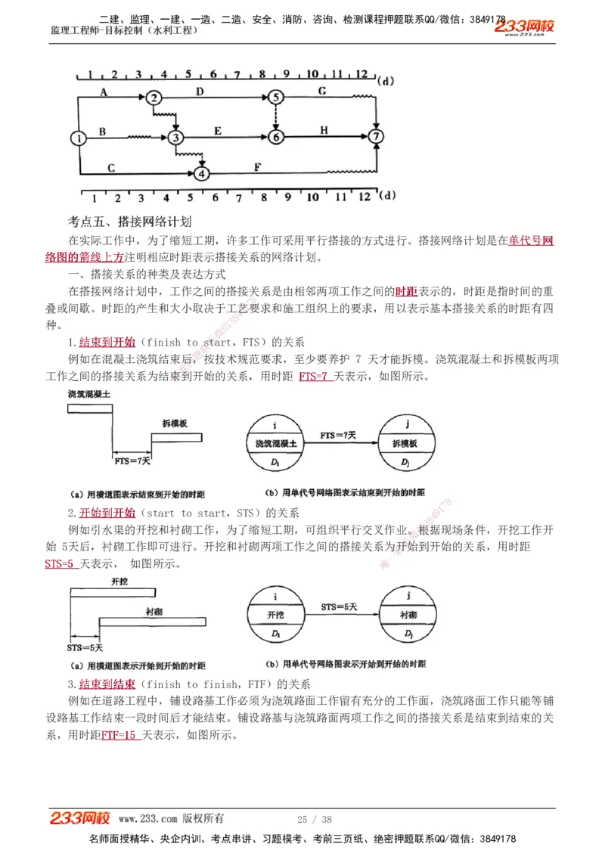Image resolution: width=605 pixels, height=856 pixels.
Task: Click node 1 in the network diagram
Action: coord(79,138)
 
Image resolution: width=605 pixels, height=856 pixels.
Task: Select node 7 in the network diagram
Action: coord(376,137)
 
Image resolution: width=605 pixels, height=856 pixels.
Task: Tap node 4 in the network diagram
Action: coord(201,173)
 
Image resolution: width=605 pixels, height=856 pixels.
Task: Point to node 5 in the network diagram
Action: coord(276,97)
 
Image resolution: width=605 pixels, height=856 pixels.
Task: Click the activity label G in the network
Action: coord(322,91)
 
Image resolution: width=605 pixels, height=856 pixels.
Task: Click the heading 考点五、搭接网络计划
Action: coord(129,222)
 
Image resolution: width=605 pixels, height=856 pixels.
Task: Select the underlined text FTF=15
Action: coord(120,734)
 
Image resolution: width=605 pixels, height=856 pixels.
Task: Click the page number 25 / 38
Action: coord(315,819)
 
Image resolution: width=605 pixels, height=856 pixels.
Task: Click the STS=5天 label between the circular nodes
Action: coord(340,606)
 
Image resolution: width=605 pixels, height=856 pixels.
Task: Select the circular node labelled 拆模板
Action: coord(407,443)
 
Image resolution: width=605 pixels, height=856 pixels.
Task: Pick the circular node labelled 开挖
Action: coord(275,615)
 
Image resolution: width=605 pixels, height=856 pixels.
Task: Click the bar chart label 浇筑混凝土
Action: coord(88,394)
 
